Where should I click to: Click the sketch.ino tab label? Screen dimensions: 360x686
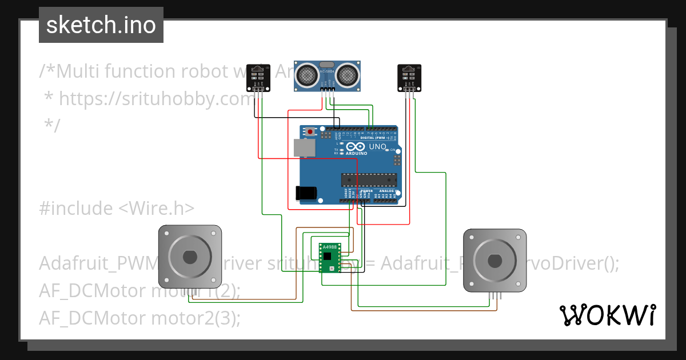[x=101, y=25]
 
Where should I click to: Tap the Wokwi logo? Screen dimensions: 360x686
[x=607, y=315]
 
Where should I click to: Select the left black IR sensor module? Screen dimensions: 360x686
[x=258, y=77]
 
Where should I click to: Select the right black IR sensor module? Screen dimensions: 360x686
[x=409, y=77]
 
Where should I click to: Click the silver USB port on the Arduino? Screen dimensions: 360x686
[x=304, y=148]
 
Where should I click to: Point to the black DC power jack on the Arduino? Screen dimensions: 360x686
[x=306, y=193]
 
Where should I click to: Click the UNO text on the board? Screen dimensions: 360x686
[x=377, y=147]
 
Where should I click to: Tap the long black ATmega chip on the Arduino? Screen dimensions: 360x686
[x=369, y=180]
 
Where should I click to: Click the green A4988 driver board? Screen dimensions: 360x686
[x=329, y=258]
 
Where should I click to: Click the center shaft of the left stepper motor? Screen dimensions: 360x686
[x=190, y=257]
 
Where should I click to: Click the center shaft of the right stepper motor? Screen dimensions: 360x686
[x=494, y=261]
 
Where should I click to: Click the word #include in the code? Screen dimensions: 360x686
[x=77, y=209]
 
